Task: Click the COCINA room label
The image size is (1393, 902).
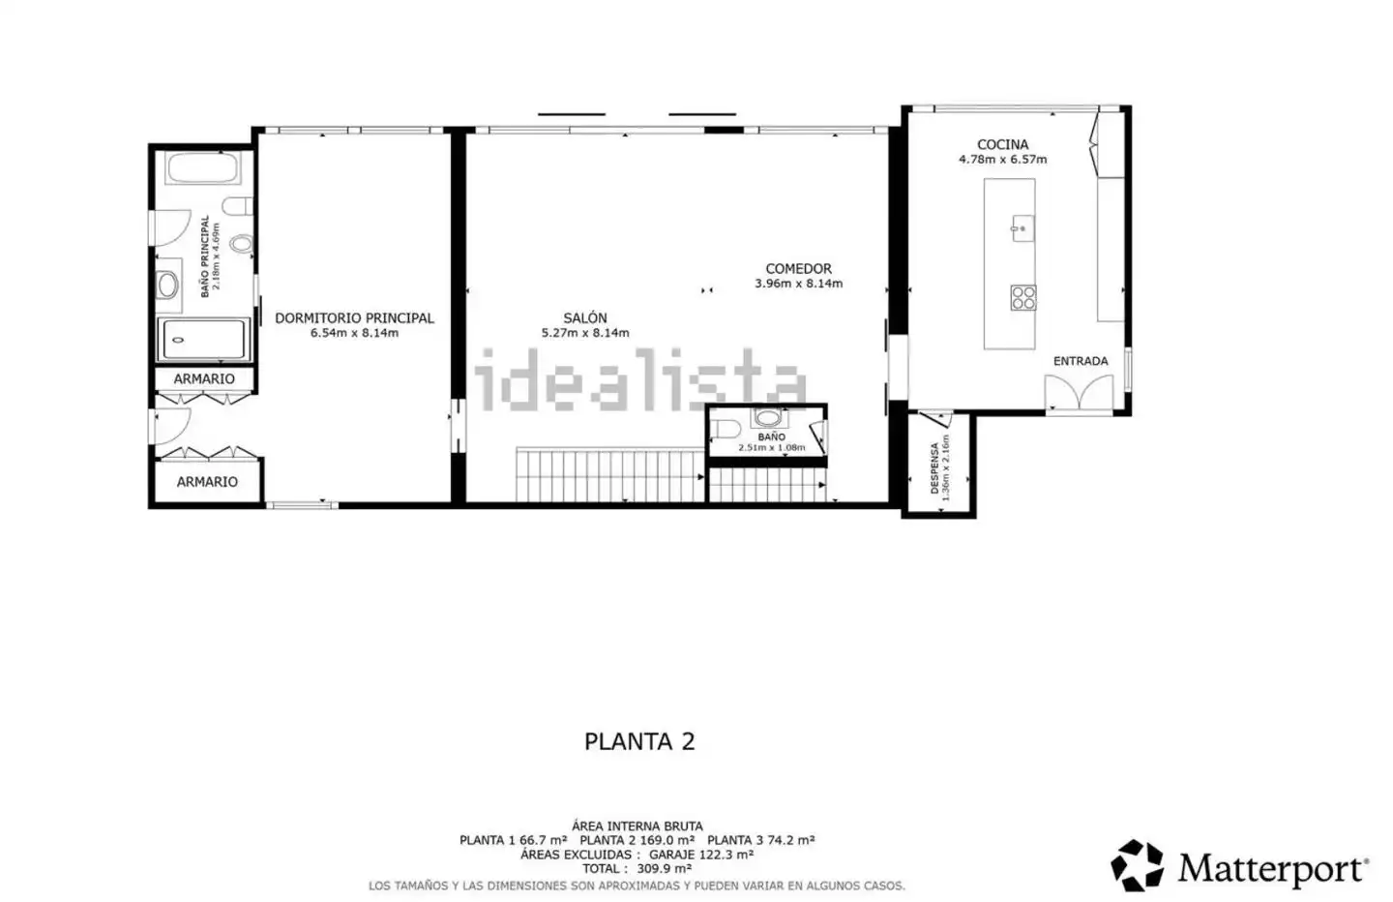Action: (1002, 145)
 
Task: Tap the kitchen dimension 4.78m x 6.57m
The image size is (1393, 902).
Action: (1002, 160)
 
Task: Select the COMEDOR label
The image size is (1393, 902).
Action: (798, 269)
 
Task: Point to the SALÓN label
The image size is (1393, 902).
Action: (585, 317)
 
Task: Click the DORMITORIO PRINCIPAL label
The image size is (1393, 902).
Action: (354, 317)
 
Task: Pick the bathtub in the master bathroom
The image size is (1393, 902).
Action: (203, 167)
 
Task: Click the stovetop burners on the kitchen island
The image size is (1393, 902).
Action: (1023, 297)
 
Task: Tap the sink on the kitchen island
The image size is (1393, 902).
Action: (1023, 227)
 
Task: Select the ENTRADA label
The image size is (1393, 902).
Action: (1081, 361)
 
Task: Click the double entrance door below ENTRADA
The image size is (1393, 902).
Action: (1079, 393)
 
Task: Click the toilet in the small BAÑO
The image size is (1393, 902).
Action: (725, 429)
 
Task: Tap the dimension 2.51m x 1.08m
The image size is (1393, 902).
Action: (771, 448)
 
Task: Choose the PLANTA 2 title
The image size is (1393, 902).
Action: (639, 741)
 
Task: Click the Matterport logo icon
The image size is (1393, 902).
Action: (1137, 865)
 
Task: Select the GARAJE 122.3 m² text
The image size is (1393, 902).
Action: (700, 855)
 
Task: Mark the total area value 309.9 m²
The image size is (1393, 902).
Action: (665, 868)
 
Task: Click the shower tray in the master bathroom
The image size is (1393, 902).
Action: (203, 340)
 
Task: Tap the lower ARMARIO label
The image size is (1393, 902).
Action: (207, 482)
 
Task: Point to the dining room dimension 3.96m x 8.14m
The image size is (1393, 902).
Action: (798, 284)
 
